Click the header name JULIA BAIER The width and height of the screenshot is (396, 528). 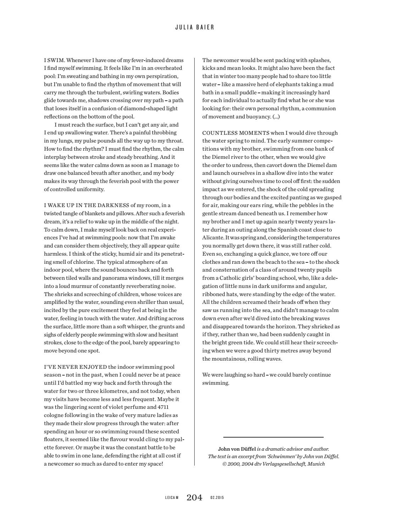point(195,27)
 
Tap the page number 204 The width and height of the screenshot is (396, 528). point(194,498)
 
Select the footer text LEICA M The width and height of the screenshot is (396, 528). point(172,498)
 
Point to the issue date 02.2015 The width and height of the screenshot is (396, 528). point(217,498)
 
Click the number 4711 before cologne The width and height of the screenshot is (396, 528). point(163,407)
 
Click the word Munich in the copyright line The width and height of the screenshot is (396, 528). point(316,464)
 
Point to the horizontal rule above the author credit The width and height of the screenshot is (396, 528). point(273,437)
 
